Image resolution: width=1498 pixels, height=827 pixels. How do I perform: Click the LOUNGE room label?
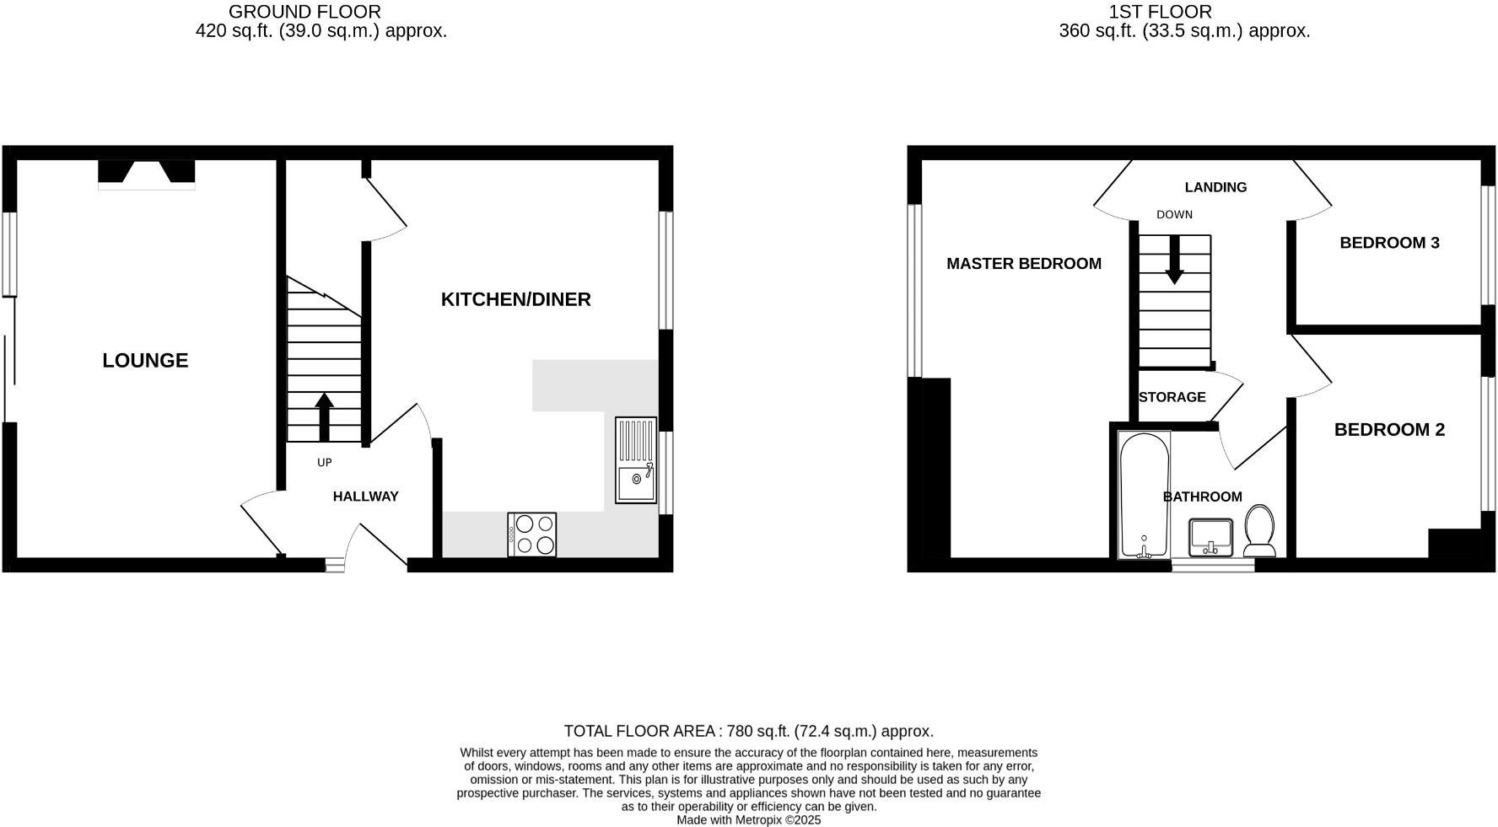click(x=145, y=361)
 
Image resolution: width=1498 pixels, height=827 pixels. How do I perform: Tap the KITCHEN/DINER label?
click(x=515, y=299)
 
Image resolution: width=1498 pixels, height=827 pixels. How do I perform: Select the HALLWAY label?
click(x=365, y=497)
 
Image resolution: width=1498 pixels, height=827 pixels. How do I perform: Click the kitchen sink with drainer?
click(x=636, y=460)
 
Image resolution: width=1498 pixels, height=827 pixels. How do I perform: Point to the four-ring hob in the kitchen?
click(x=532, y=534)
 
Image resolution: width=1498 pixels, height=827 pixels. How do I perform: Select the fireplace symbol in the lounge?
click(x=147, y=173)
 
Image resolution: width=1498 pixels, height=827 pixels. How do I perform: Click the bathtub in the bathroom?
click(x=1144, y=495)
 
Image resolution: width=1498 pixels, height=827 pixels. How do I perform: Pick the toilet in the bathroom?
click(x=1260, y=531)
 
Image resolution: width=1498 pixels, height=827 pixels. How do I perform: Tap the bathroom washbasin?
click(x=1211, y=538)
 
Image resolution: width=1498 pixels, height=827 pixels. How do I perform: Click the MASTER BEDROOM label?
click(x=1023, y=264)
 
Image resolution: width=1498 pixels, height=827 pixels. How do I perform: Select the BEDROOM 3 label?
click(x=1389, y=243)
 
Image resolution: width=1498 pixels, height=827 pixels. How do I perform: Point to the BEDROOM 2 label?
click(x=1389, y=430)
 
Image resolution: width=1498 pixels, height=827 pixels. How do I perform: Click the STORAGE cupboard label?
click(x=1172, y=397)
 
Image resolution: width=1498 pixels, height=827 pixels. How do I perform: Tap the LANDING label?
click(x=1215, y=187)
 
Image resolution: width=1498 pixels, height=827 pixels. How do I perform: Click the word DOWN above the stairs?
click(x=1174, y=215)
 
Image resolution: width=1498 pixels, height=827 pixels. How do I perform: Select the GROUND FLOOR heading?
click(x=304, y=12)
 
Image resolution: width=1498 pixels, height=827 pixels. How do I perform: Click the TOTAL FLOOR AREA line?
click(x=748, y=731)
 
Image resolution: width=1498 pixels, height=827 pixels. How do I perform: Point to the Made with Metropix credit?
click(x=748, y=819)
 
